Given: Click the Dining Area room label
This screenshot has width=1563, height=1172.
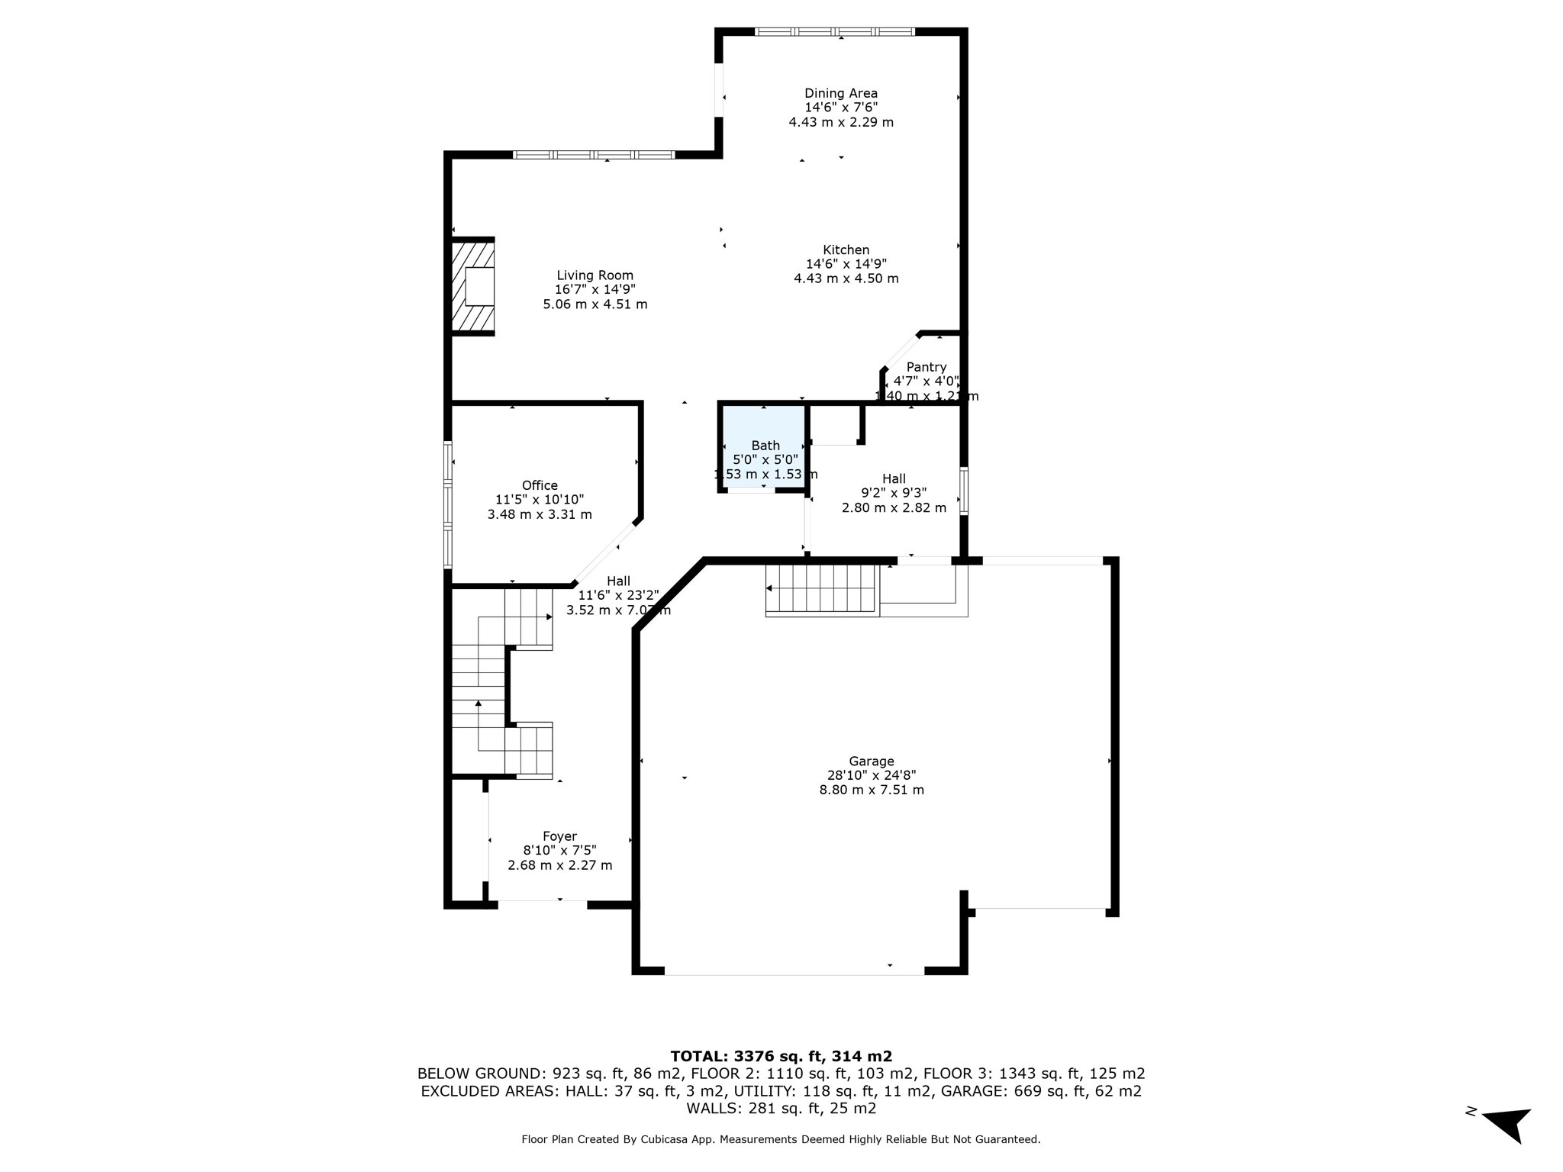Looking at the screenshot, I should tap(841, 94).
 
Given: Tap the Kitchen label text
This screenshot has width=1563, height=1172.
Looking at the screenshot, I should tap(846, 250).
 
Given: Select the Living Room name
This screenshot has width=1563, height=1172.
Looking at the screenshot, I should tap(595, 275).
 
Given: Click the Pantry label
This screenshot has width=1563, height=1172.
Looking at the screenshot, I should tap(926, 367).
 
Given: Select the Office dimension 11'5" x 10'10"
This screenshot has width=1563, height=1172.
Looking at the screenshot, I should tap(540, 500).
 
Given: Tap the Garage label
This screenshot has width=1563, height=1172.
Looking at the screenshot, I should tap(871, 761).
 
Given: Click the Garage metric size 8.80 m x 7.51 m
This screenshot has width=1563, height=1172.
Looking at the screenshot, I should tap(872, 790).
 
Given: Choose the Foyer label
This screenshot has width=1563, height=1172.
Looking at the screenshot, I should tap(559, 836).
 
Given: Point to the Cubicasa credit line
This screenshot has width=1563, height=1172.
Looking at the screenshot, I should tap(781, 1139).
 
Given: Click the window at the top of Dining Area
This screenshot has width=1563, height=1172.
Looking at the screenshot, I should tap(834, 32).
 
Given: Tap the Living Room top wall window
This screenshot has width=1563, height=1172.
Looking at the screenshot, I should tap(594, 155).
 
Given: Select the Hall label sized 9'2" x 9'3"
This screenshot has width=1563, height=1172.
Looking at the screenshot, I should tap(894, 479).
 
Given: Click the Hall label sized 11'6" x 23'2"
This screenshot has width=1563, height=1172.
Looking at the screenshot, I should tap(618, 581).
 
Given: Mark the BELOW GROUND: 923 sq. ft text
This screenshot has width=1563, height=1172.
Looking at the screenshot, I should tap(523, 1074).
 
